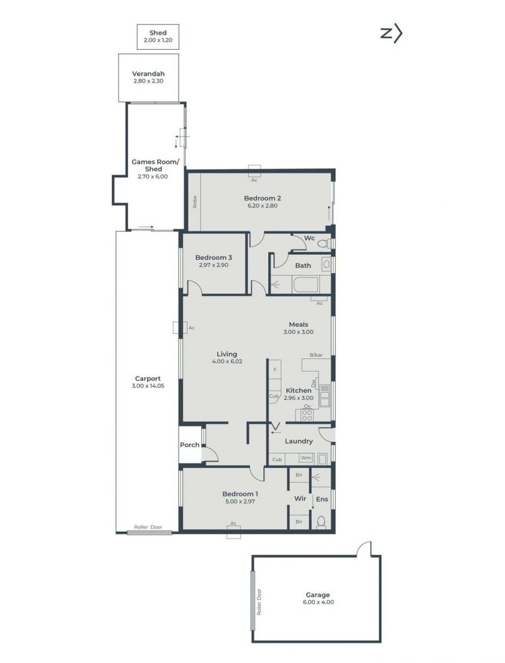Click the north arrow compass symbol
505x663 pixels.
tap(391, 33)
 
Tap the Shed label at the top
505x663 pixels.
tap(158, 33)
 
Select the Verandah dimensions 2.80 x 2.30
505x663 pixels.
tap(148, 81)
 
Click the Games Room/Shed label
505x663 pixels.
tap(155, 165)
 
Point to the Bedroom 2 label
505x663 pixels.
tap(263, 198)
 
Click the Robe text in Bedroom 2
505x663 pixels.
tap(194, 202)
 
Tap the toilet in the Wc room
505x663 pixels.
tap(324, 243)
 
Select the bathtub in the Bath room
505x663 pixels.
tap(306, 285)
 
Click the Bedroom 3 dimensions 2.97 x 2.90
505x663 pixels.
tap(213, 265)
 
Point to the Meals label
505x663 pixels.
tap(299, 324)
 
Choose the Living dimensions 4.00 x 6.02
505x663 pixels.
tap(227, 361)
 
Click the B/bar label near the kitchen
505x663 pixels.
tap(316, 355)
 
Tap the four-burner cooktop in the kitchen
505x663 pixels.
tap(307, 415)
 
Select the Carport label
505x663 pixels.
tap(148, 378)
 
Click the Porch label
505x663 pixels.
tap(189, 445)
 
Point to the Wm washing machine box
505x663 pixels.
tap(306, 458)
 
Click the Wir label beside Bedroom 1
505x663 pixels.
tap(300, 498)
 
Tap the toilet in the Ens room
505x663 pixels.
tap(321, 522)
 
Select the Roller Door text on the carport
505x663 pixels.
tap(148, 527)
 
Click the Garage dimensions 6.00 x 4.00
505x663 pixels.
tap(318, 602)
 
